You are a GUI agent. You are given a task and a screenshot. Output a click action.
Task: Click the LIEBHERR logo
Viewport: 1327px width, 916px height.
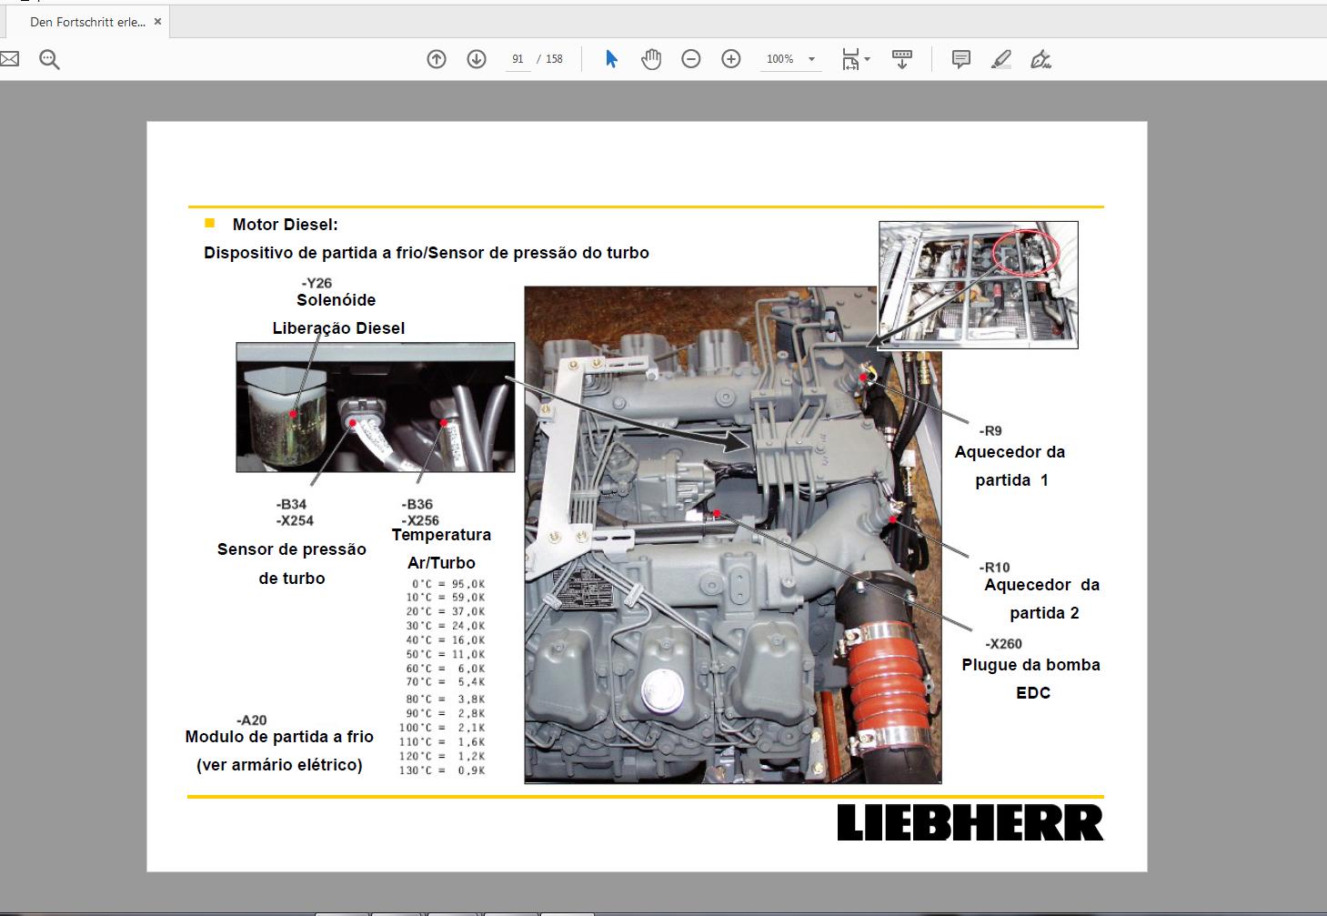point(970,822)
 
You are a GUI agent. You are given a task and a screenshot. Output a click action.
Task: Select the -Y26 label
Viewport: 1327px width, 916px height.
point(317,283)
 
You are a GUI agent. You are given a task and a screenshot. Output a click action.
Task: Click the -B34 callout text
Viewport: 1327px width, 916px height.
point(291,504)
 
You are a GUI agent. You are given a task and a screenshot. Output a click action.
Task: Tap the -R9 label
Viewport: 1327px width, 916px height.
point(990,431)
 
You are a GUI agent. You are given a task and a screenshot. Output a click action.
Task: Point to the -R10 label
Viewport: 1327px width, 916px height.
point(994,568)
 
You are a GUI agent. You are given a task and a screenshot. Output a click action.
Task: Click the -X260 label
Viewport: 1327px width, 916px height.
point(1003,644)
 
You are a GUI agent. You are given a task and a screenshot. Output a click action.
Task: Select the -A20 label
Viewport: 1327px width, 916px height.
point(251,720)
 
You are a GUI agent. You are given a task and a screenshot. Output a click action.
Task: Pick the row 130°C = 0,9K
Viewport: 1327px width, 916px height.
point(442,770)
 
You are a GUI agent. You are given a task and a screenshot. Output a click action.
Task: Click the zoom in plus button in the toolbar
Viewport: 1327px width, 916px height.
point(730,59)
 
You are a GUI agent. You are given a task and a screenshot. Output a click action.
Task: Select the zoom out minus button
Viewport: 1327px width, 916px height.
point(691,59)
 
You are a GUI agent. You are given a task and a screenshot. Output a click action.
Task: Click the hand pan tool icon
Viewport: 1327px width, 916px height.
point(651,59)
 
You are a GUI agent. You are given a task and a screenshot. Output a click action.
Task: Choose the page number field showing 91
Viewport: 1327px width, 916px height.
point(518,59)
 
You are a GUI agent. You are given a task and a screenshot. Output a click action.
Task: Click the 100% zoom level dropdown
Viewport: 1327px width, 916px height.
point(789,59)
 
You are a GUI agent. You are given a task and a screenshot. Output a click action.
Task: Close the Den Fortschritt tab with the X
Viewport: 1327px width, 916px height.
point(157,22)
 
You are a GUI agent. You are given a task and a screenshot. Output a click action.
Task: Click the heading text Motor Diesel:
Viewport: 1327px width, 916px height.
point(285,225)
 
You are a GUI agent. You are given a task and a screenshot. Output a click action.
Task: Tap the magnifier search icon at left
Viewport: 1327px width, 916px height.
point(49,60)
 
